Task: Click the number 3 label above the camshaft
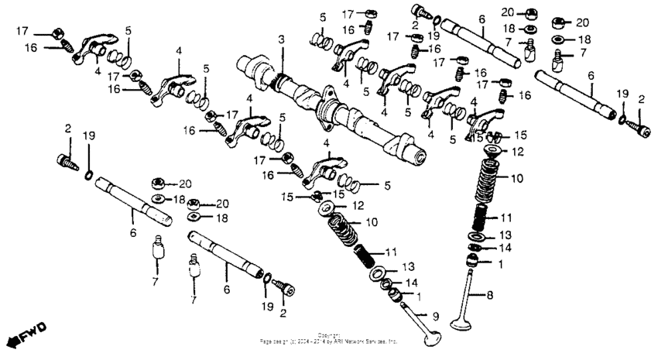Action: click(282, 39)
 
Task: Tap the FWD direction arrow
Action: click(24, 333)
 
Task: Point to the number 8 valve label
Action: click(488, 294)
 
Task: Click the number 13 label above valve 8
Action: click(505, 235)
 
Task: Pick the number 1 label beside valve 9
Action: click(420, 296)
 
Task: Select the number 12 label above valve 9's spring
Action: click(358, 206)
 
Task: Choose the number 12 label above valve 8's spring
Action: click(517, 151)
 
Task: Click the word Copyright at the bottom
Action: click(329, 334)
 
